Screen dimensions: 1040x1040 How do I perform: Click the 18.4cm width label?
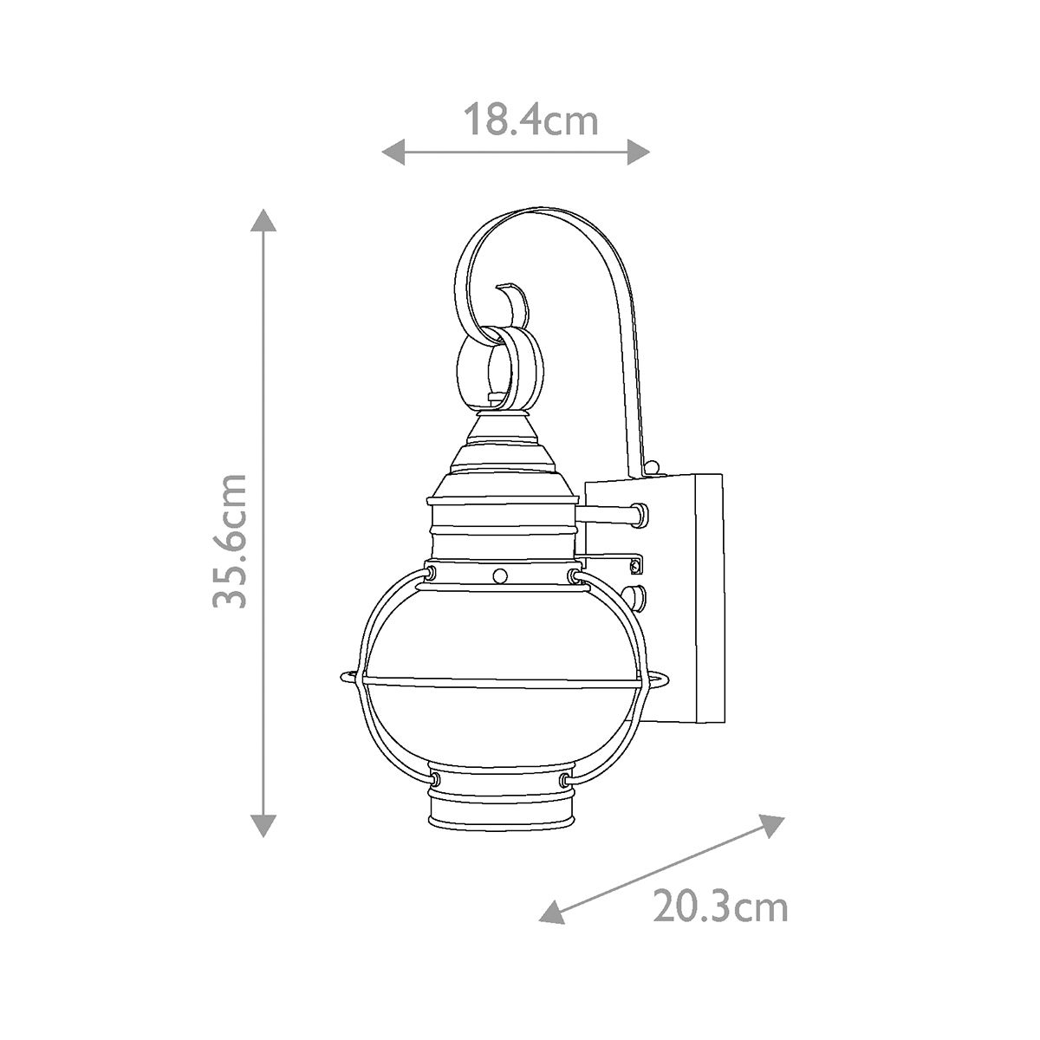tap(530, 120)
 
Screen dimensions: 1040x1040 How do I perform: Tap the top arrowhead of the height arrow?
tap(263, 218)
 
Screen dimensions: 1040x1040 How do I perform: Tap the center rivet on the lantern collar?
tap(500, 575)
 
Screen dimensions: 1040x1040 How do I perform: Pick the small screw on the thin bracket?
tap(637, 564)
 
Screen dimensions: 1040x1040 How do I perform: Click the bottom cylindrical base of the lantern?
tap(502, 810)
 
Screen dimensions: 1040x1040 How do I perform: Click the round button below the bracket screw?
tap(640, 597)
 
